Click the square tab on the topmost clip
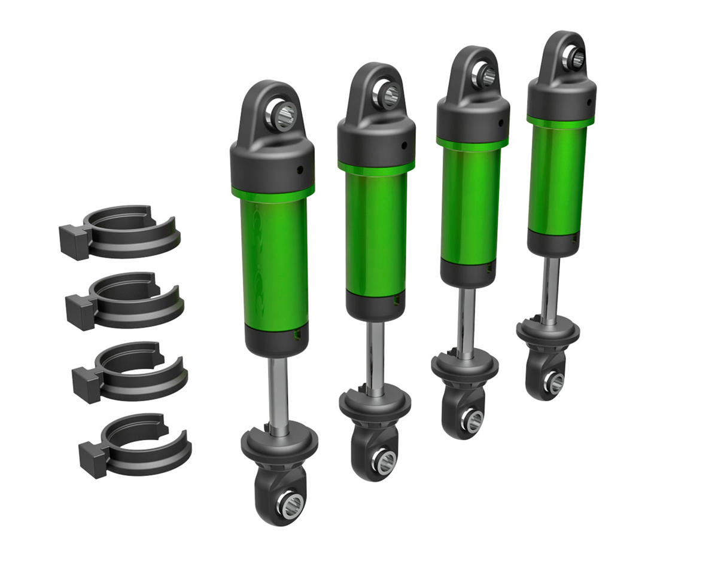click(x=74, y=242)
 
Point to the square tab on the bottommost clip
click(x=93, y=459)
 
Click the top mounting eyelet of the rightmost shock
click(x=576, y=57)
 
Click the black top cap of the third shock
click(x=473, y=120)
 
